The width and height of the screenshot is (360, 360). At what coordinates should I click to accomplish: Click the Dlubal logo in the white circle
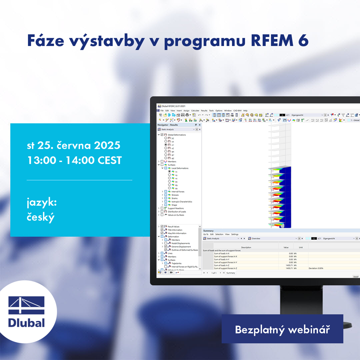pyautogui.click(x=26, y=312)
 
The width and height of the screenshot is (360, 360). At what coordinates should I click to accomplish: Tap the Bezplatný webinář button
pyautogui.click(x=282, y=329)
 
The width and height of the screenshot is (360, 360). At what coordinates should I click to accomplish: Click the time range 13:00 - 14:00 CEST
pyautogui.click(x=74, y=160)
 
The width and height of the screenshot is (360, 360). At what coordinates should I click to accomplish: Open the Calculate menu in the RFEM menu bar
pyautogui.click(x=195, y=110)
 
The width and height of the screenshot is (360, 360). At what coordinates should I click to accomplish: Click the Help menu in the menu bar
pyautogui.click(x=245, y=110)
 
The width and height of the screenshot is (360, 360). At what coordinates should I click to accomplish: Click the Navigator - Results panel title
pyautogui.click(x=168, y=125)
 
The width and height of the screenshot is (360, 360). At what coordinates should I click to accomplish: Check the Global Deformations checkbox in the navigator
pyautogui.click(x=162, y=135)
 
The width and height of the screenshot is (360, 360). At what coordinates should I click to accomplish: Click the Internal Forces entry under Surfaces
pyautogui.click(x=178, y=191)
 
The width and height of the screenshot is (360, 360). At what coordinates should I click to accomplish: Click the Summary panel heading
pyautogui.click(x=208, y=231)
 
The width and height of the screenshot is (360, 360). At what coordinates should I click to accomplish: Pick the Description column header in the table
pyautogui.click(x=246, y=247)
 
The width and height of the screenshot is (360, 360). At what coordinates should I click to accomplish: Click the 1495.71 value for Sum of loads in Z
pyautogui.click(x=289, y=265)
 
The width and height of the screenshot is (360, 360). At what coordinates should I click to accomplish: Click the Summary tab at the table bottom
pyautogui.click(x=231, y=273)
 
